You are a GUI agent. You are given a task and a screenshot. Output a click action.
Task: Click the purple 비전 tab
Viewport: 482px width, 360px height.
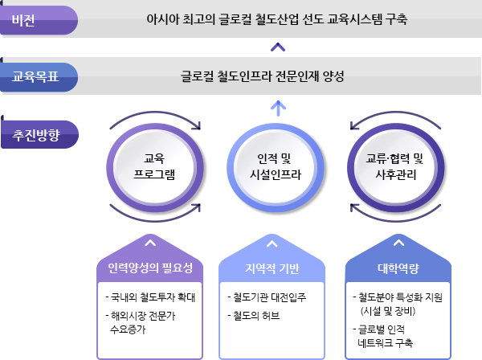(x=39, y=20)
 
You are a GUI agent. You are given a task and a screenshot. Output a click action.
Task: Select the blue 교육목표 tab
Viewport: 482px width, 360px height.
(x=39, y=77)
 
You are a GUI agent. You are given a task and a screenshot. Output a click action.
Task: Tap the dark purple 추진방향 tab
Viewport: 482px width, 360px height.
(x=39, y=134)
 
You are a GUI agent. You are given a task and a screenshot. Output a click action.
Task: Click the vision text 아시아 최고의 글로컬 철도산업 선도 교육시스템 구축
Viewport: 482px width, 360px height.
(x=276, y=19)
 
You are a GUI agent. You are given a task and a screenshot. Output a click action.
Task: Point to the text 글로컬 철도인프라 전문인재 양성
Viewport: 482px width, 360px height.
(x=262, y=76)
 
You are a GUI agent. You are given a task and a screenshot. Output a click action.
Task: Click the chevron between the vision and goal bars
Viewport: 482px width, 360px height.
(x=278, y=47)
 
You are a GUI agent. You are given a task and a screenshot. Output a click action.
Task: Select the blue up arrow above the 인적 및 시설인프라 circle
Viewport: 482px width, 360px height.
(x=278, y=108)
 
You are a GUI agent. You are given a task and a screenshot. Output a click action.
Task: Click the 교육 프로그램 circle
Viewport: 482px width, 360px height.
(x=155, y=168)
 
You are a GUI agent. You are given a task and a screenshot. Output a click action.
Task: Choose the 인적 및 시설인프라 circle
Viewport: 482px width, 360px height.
(x=276, y=168)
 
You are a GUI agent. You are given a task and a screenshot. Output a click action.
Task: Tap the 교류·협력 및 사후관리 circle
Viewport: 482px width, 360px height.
(x=396, y=168)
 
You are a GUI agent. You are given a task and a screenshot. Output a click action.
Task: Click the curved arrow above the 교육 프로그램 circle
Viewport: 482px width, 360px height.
(x=155, y=112)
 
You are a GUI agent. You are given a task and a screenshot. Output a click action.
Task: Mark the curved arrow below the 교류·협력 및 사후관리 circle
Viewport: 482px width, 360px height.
(x=396, y=220)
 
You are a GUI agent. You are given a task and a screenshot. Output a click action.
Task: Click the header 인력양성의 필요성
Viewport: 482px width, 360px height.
(x=150, y=268)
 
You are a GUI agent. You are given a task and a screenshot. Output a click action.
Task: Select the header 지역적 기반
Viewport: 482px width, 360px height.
(x=272, y=268)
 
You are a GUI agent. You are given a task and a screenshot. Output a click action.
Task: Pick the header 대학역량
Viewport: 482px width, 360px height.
(x=398, y=268)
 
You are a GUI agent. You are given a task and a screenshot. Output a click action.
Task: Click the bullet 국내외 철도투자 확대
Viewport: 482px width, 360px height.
(x=150, y=297)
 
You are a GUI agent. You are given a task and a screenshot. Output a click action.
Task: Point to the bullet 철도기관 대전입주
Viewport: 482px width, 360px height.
(x=267, y=297)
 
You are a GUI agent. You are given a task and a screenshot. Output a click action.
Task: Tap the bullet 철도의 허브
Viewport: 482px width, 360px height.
(x=254, y=316)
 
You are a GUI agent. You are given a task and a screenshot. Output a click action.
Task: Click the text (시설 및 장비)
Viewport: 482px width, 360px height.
(x=388, y=312)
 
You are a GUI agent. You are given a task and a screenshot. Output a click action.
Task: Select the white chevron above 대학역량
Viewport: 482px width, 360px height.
(x=398, y=243)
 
